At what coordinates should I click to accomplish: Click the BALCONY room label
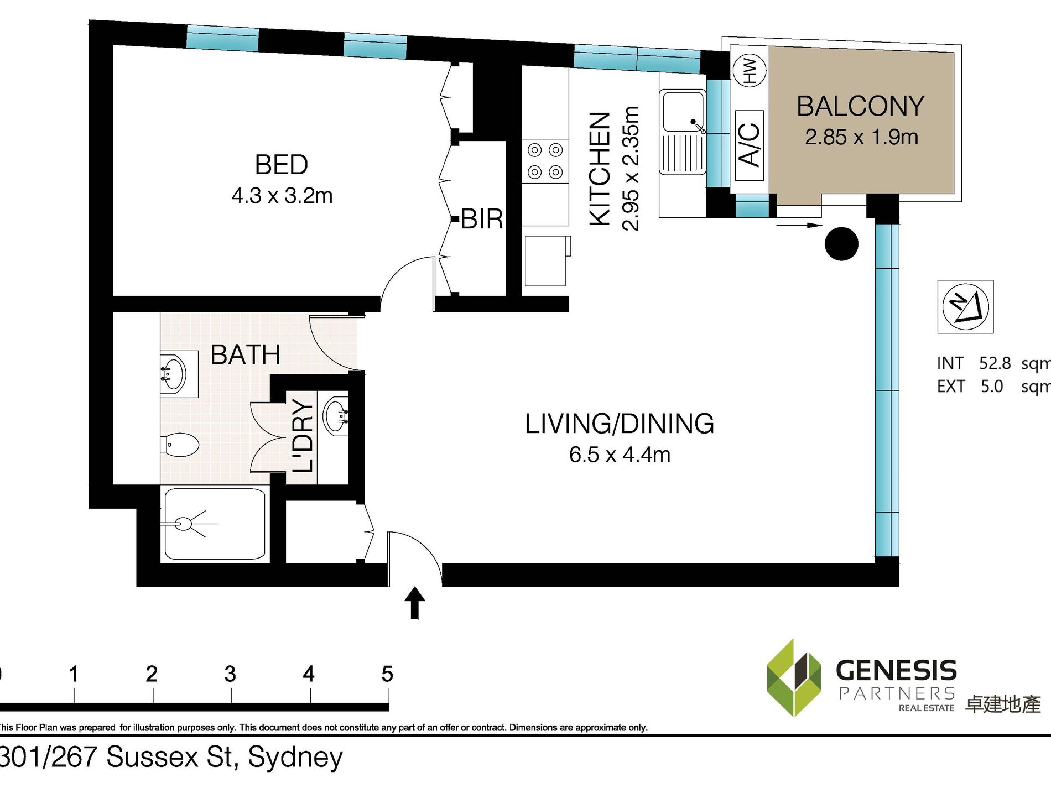point(860,106)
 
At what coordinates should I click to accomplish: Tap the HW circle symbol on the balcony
point(750,70)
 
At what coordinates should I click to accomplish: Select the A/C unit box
point(750,145)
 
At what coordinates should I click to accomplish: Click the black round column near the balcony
point(841,244)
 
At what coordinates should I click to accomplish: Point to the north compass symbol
point(965,306)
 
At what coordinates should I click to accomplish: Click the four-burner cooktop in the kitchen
point(545,161)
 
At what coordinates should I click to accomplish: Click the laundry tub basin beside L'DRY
point(336,415)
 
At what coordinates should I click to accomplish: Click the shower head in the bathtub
point(183,524)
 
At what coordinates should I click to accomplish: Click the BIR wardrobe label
point(482,220)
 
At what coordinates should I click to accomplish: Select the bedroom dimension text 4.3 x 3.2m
point(282,196)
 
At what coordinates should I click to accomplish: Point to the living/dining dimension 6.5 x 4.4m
point(620,455)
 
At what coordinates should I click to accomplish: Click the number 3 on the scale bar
point(230,674)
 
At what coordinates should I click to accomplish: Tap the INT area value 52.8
point(995,363)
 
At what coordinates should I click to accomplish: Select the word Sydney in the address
point(295,757)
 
